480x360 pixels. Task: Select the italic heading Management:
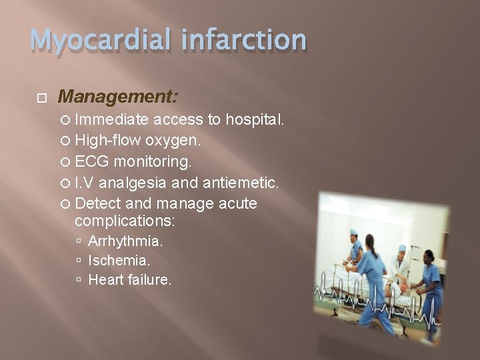click(118, 97)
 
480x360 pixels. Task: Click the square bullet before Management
click(41, 98)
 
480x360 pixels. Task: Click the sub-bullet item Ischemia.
click(119, 260)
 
